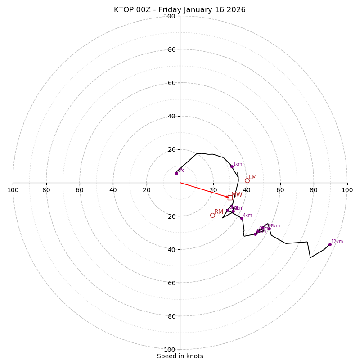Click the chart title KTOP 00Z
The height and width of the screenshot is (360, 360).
point(180,10)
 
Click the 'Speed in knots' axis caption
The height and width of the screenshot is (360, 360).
point(180,356)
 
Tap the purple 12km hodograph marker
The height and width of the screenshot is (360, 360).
point(330,244)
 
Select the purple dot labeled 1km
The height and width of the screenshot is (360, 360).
point(232,166)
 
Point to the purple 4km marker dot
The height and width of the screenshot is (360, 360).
point(242,218)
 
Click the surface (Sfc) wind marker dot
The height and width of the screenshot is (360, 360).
point(176,173)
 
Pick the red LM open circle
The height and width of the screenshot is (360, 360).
point(247,180)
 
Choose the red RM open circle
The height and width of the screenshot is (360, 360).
point(212,215)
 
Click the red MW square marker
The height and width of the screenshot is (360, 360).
point(230,198)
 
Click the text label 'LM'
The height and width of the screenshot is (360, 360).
point(252,177)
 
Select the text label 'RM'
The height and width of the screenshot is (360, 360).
point(219,212)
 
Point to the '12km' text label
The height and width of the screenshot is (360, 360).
point(337,242)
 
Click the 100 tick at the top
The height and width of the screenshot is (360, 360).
point(170,16)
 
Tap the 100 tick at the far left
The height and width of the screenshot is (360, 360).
point(13,190)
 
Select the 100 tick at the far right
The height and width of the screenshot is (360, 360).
point(347,190)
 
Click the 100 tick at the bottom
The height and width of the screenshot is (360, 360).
point(170,349)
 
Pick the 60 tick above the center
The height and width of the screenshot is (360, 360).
point(171,83)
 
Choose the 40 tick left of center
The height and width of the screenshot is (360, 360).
point(113,190)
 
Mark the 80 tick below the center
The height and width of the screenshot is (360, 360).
point(171,316)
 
